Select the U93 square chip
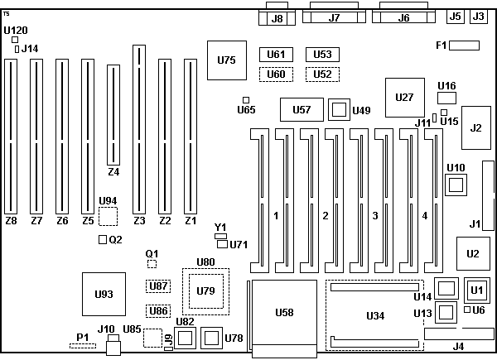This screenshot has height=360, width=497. click(x=104, y=294)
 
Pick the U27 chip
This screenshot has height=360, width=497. click(x=404, y=98)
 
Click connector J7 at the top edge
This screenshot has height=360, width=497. click(x=334, y=17)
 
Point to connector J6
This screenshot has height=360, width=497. click(x=403, y=17)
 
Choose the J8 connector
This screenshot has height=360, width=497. click(x=277, y=18)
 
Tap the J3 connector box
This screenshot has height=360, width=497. click(x=479, y=16)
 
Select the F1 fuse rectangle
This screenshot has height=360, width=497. click(x=466, y=45)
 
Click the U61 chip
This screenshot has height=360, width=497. click(x=277, y=55)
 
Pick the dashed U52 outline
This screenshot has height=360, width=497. click(x=323, y=74)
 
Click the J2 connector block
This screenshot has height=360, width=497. click(x=475, y=127)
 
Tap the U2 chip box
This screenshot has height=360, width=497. click(x=473, y=253)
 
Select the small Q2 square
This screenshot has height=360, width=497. click(x=103, y=240)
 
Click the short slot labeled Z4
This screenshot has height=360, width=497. click(x=113, y=116)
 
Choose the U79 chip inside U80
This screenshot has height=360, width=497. click(x=205, y=290)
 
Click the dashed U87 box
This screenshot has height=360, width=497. click(x=158, y=286)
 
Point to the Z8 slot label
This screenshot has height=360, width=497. click(x=11, y=221)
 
